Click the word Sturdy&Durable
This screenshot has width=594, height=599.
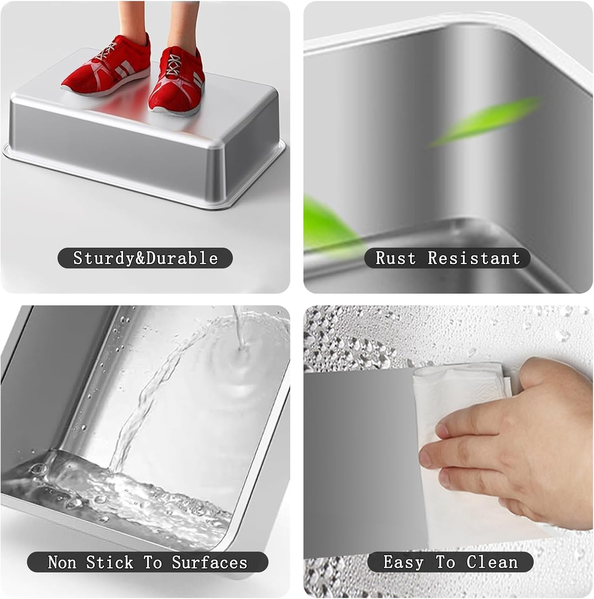145,258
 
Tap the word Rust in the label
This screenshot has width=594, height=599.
395,258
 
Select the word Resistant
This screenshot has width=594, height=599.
474,258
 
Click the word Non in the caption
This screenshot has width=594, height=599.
62,562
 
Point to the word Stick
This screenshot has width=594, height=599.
109,562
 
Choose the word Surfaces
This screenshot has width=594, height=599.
210,562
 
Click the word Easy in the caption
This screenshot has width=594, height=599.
403,562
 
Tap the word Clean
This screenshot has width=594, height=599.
492,562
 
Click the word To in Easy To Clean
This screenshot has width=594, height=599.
445,562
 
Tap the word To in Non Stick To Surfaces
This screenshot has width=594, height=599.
153,562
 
